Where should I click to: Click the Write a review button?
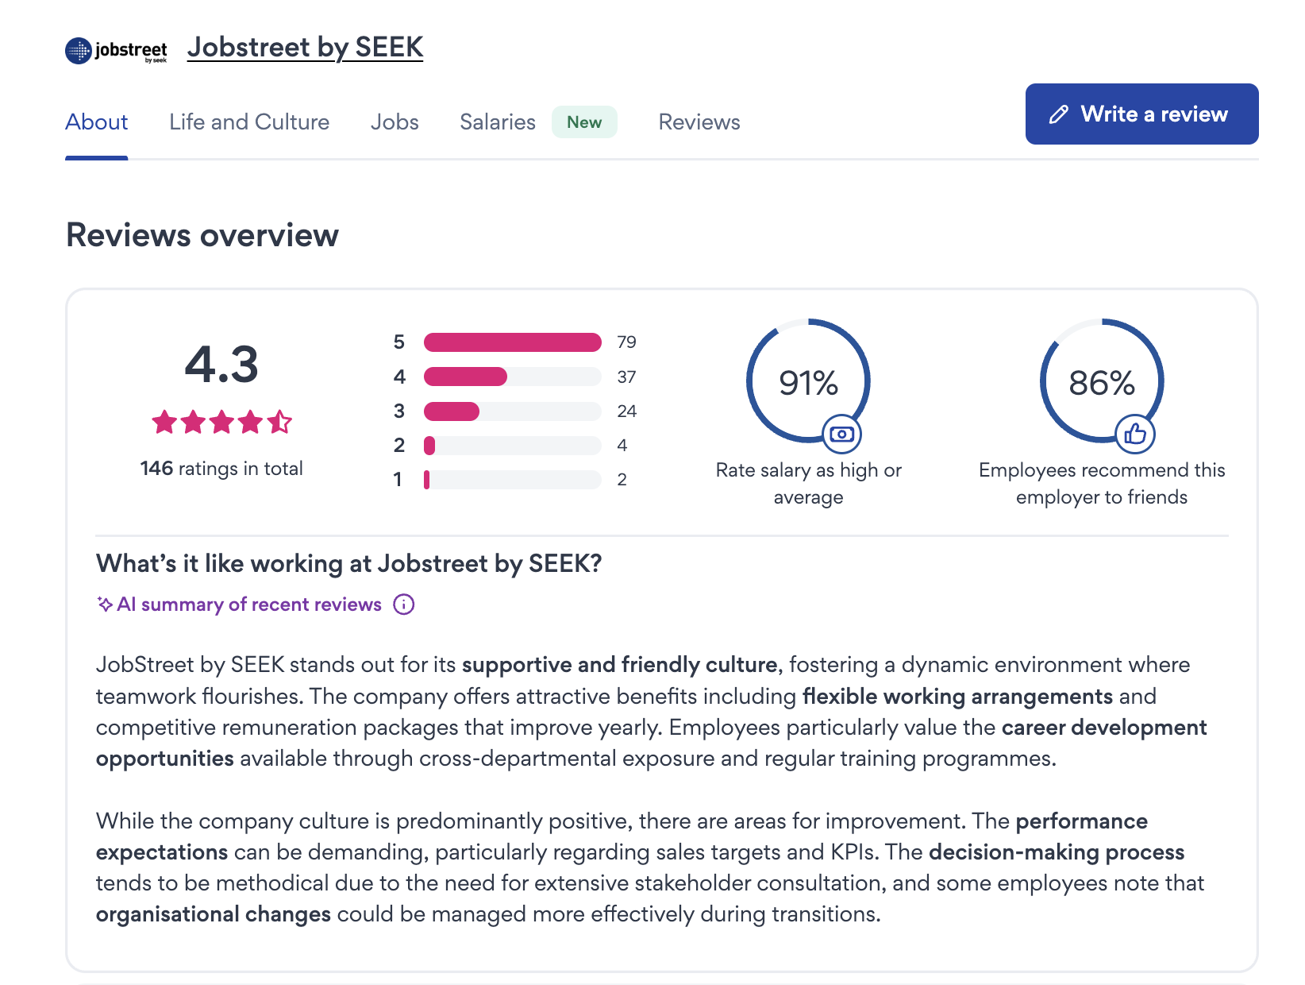click(1141, 114)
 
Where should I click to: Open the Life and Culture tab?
click(248, 122)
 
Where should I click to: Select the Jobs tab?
click(395, 122)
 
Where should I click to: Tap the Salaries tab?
click(497, 122)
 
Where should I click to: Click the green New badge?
click(584, 122)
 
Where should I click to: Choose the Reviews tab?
click(699, 122)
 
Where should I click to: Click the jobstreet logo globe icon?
click(79, 51)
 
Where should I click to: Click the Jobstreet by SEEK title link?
click(305, 48)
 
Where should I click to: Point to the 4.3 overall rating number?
click(221, 365)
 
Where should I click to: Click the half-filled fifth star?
click(279, 422)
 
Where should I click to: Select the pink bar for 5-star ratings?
click(512, 342)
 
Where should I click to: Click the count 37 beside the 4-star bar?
click(626, 377)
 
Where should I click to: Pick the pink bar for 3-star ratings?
click(452, 411)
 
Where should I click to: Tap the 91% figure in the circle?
click(808, 383)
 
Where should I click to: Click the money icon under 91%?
click(841, 434)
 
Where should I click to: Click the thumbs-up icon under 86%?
click(1135, 434)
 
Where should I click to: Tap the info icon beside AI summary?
click(404, 605)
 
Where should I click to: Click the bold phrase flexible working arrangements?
click(957, 697)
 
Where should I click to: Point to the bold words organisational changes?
click(214, 914)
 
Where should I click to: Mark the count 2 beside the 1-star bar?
click(622, 480)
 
